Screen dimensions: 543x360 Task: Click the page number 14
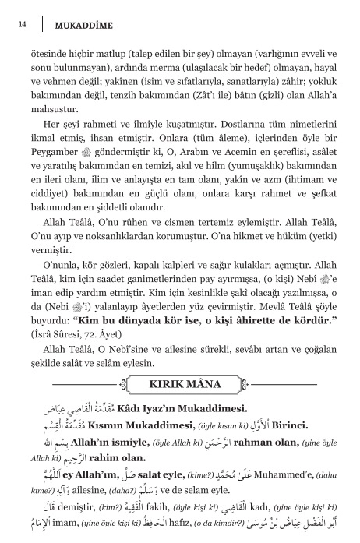[x=22, y=25]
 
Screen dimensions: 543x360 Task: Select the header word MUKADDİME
[x=85, y=26]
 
